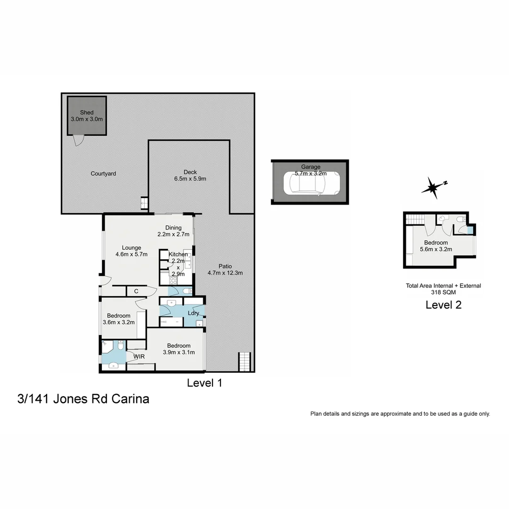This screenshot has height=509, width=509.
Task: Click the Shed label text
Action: [x=86, y=113]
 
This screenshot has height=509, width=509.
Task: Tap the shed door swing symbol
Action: [x=78, y=140]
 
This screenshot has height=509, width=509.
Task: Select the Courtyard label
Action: [x=103, y=174]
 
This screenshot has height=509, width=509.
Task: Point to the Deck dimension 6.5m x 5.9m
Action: [x=190, y=179]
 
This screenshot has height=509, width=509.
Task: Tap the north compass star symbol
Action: [x=431, y=188]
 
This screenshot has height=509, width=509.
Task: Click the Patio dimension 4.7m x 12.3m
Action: [x=225, y=273]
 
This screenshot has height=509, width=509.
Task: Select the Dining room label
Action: [x=173, y=228]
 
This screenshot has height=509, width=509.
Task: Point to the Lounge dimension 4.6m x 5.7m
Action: [x=131, y=254]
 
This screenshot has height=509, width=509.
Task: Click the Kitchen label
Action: [x=178, y=254]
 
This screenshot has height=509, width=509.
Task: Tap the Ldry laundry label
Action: [x=193, y=313]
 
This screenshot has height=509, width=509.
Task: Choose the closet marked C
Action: [x=136, y=292]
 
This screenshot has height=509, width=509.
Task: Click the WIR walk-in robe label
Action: [x=139, y=357]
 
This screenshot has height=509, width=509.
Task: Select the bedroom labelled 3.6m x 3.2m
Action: [x=119, y=319]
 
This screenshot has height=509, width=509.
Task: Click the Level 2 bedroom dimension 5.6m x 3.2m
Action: [x=436, y=249]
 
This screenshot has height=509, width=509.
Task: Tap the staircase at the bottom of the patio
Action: [x=244, y=362]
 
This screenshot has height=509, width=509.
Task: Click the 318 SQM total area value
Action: [x=443, y=292]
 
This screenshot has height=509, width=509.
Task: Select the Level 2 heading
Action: [x=443, y=305]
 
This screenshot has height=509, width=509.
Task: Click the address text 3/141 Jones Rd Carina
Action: [x=83, y=399]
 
